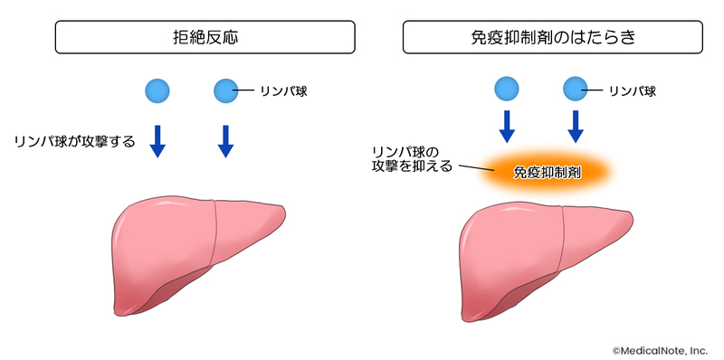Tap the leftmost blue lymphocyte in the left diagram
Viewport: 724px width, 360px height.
pyautogui.click(x=157, y=90)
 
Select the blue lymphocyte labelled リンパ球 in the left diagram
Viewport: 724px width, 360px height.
pyautogui.click(x=225, y=90)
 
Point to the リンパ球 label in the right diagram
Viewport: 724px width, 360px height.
pyautogui.click(x=632, y=90)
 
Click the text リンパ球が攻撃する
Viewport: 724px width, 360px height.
pyautogui.click(x=74, y=141)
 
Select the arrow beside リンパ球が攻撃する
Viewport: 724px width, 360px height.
pyautogui.click(x=157, y=141)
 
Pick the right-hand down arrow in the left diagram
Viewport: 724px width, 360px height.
pyautogui.click(x=225, y=141)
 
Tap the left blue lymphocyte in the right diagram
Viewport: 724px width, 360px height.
pyautogui.click(x=507, y=89)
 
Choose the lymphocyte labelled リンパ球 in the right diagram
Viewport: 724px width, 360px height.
pyautogui.click(x=575, y=89)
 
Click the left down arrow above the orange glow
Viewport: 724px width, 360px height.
pyautogui.click(x=507, y=127)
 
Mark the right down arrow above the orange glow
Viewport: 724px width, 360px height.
pyautogui.click(x=575, y=127)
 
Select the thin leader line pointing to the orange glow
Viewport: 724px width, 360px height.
pyautogui.click(x=473, y=168)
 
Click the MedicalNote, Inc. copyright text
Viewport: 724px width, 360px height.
pyautogui.click(x=660, y=349)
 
